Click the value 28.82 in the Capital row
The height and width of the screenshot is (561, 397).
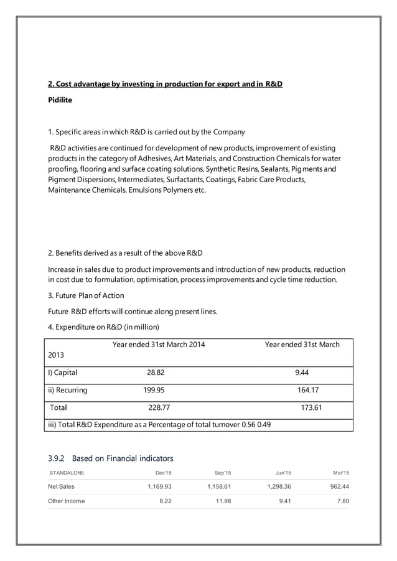click(156, 373)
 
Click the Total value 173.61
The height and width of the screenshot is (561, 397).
click(309, 408)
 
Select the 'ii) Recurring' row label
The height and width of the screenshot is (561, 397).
click(68, 391)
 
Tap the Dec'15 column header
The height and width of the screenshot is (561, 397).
click(164, 473)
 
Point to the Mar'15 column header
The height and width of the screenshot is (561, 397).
click(340, 473)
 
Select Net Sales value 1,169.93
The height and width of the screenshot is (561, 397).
click(158, 486)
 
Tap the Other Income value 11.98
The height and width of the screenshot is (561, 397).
click(222, 501)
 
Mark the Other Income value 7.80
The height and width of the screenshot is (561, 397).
click(342, 501)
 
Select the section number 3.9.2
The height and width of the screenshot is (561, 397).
click(57, 459)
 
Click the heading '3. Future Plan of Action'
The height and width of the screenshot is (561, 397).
click(86, 295)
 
